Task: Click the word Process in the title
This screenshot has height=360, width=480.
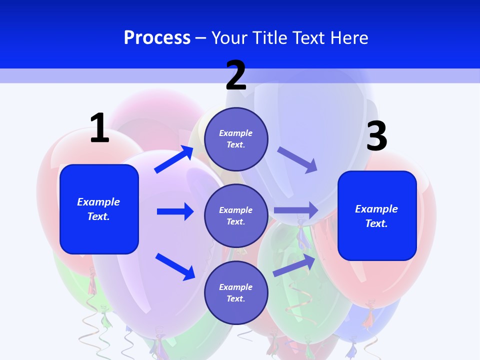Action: [x=157, y=37]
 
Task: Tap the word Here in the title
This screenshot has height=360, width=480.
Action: [x=347, y=37]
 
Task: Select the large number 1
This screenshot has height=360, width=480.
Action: [x=99, y=128]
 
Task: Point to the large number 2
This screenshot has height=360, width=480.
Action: [x=236, y=75]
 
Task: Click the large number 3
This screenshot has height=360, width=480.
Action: [x=376, y=136]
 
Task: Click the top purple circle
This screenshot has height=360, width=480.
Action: [x=236, y=139]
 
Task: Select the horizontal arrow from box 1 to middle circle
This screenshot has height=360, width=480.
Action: [x=175, y=211]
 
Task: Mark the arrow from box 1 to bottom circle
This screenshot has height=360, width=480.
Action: [x=175, y=266]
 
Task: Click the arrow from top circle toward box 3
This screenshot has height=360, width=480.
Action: [x=297, y=159]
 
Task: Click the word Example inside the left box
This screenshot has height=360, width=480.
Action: [x=98, y=202]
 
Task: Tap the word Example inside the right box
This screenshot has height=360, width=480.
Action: [x=376, y=209]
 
